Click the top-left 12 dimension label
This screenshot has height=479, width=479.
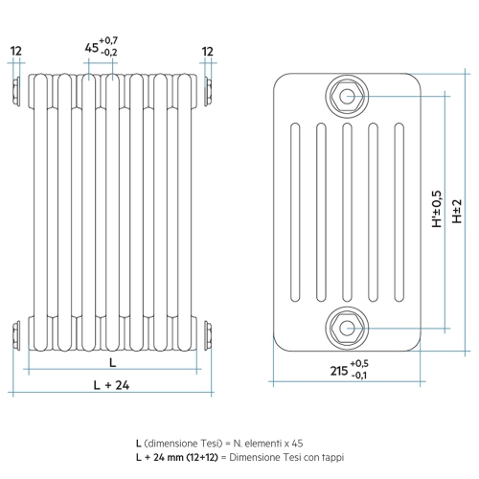pyautogui.click(x=16, y=51)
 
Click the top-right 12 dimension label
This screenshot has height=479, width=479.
pyautogui.click(x=207, y=52)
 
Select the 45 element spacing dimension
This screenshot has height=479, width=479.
pyautogui.click(x=92, y=48)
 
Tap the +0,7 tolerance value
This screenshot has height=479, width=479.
pyautogui.click(x=108, y=40)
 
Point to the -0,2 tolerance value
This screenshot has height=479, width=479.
pyautogui.click(x=109, y=52)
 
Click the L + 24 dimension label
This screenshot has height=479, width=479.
pyautogui.click(x=112, y=385)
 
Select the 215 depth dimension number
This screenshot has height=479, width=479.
pyautogui.click(x=339, y=371)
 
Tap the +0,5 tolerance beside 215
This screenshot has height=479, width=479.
pyautogui.click(x=359, y=363)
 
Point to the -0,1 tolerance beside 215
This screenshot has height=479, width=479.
pyautogui.click(x=359, y=376)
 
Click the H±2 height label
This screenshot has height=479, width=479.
pyautogui.click(x=457, y=211)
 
